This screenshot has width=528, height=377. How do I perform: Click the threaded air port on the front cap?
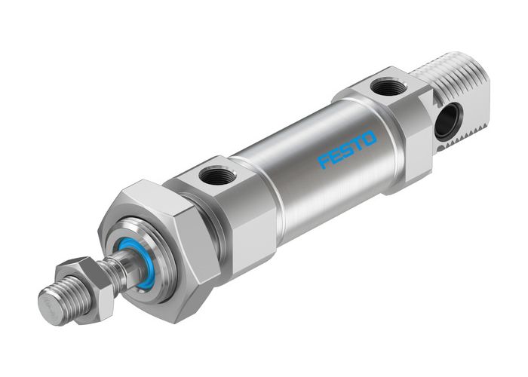pos(215,178)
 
